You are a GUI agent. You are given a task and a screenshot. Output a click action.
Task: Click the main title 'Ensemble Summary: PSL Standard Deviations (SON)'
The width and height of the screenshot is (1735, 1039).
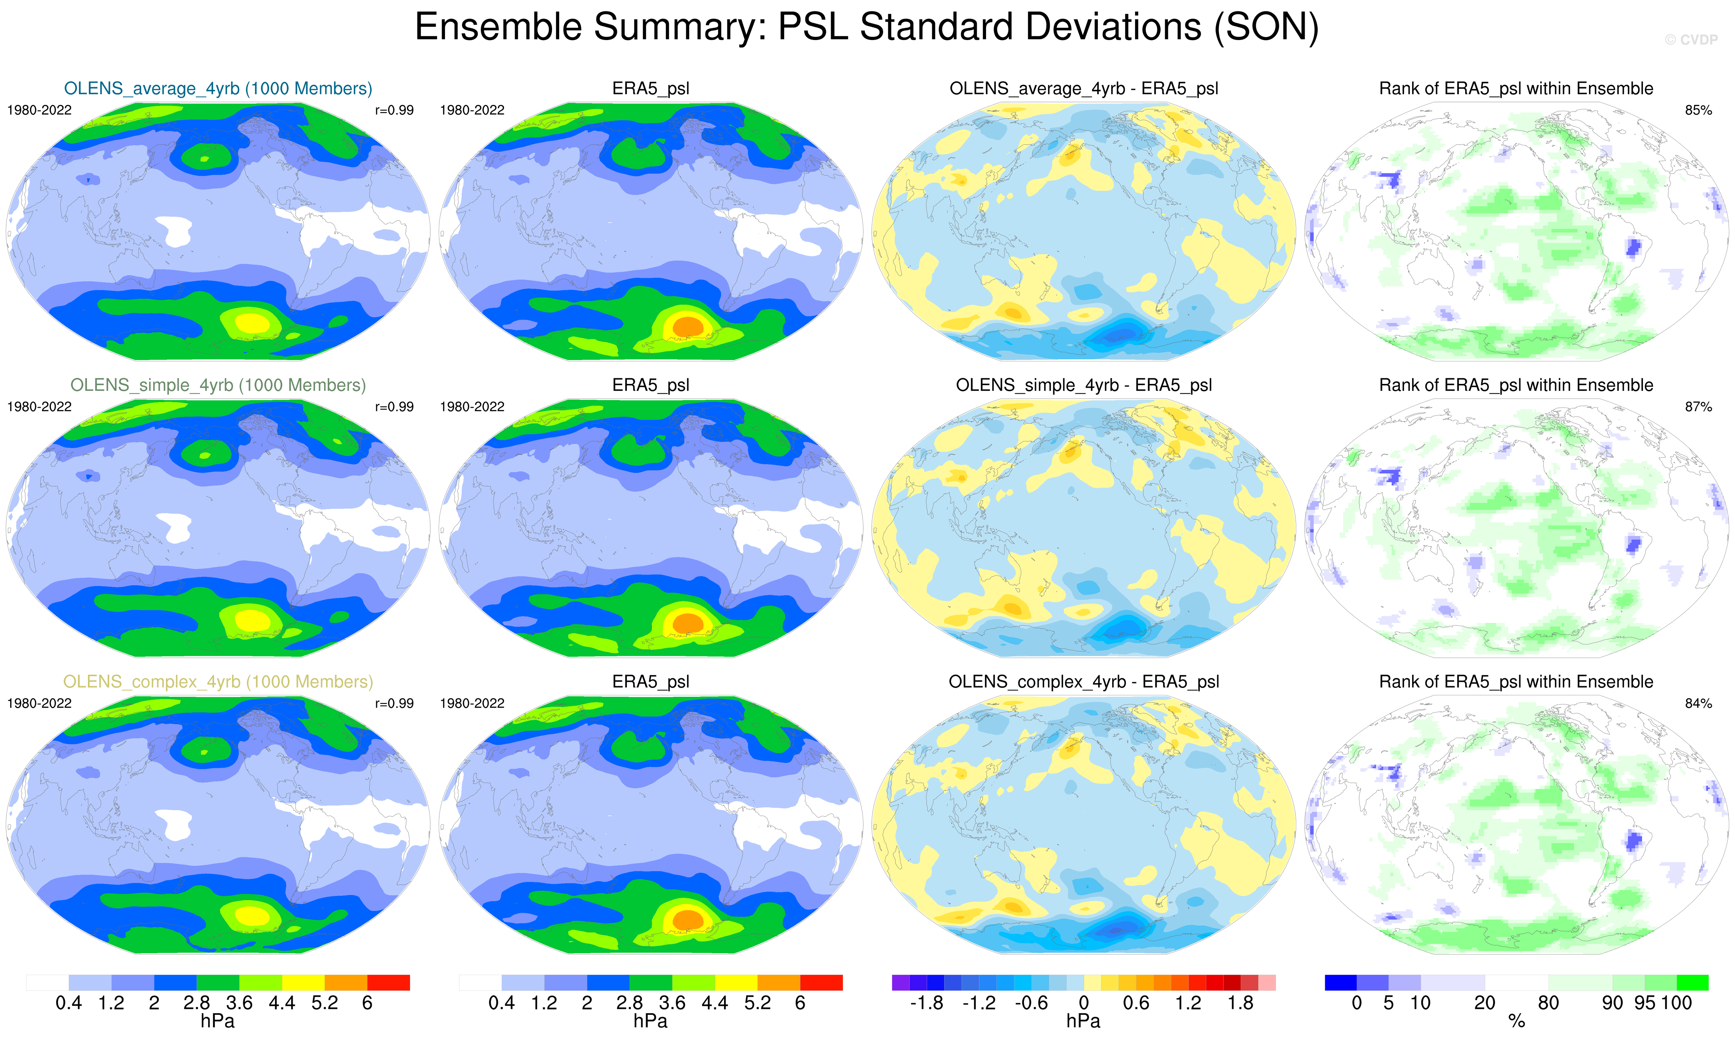867,28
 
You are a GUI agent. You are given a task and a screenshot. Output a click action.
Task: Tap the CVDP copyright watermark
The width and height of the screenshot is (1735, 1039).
1691,40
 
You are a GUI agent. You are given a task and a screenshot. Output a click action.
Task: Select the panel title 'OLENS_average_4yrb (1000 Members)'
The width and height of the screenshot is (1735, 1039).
218,89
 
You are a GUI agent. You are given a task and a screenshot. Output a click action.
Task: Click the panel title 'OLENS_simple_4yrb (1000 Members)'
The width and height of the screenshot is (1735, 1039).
218,385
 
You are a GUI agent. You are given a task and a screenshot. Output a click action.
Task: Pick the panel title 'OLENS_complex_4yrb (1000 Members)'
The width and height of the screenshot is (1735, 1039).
218,682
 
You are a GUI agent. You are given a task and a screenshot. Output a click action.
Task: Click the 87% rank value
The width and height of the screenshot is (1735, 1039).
1698,407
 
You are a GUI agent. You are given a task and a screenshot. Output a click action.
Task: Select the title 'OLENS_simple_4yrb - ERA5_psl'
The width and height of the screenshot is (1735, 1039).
1084,385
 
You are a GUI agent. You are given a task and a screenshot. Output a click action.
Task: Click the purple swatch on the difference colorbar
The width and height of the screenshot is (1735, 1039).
901,982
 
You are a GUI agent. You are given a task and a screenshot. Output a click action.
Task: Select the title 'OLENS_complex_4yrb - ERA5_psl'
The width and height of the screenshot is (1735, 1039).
1084,682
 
